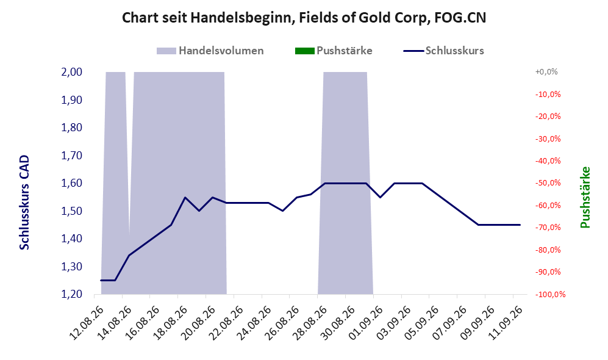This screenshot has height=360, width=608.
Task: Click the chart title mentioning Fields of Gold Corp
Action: (x=304, y=18)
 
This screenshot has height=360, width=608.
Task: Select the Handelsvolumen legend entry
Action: (x=210, y=51)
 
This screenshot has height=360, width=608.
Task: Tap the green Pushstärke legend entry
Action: (x=334, y=51)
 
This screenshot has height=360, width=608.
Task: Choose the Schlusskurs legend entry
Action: (x=443, y=51)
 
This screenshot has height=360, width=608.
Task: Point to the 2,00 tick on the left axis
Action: (x=72, y=72)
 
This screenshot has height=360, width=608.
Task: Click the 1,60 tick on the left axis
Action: (x=72, y=182)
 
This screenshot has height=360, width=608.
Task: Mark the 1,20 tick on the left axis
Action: (x=72, y=294)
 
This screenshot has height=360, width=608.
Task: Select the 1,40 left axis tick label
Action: (x=72, y=239)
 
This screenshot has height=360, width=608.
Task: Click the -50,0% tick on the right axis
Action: (x=548, y=182)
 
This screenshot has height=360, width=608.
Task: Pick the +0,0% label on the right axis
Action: (x=546, y=72)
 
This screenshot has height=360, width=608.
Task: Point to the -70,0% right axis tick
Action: (x=548, y=228)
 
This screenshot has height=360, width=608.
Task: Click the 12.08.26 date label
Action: (x=87, y=323)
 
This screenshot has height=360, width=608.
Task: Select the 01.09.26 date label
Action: (x=366, y=323)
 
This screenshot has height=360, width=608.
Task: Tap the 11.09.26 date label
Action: (x=506, y=323)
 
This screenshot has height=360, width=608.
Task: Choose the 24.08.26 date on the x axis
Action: (x=254, y=323)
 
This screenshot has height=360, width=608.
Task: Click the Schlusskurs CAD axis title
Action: (x=24, y=202)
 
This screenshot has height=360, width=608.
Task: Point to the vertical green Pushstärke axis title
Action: (x=585, y=197)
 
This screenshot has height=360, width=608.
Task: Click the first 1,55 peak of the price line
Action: (x=185, y=198)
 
